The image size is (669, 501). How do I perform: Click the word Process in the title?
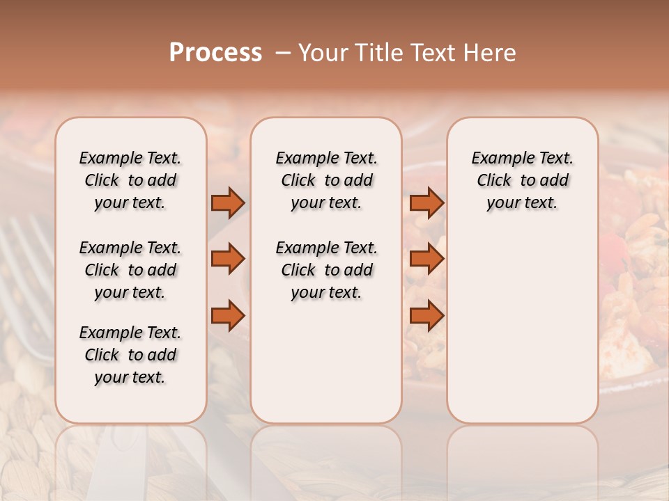(215, 53)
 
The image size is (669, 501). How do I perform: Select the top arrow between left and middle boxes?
(228, 202)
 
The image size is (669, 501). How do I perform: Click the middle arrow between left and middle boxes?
(228, 259)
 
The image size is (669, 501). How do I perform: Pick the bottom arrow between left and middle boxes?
(228, 315)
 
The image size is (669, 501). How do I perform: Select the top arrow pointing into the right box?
(426, 202)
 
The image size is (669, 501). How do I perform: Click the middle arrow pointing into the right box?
(426, 259)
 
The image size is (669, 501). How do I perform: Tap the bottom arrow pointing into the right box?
(426, 315)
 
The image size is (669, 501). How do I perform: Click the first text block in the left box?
(130, 180)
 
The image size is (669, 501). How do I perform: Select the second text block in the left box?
(130, 270)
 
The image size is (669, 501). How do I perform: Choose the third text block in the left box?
(130, 355)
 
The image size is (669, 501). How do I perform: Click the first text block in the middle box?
(326, 180)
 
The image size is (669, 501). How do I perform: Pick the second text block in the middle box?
(326, 270)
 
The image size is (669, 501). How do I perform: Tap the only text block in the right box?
(522, 180)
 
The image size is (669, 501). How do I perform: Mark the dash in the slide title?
(283, 53)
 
